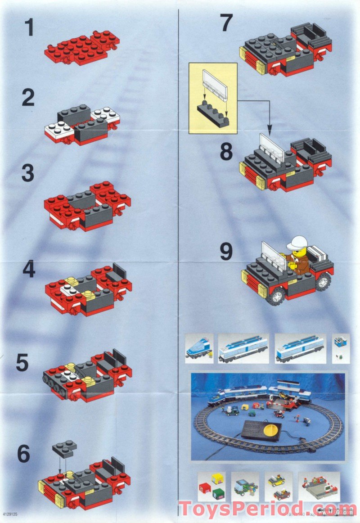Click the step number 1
click(29, 28)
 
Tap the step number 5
click(22, 363)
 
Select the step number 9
click(226, 252)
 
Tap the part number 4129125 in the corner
click(13, 514)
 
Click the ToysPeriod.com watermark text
click(265, 509)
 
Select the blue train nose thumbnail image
click(198, 348)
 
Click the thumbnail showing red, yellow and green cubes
click(212, 486)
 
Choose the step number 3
click(27, 174)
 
